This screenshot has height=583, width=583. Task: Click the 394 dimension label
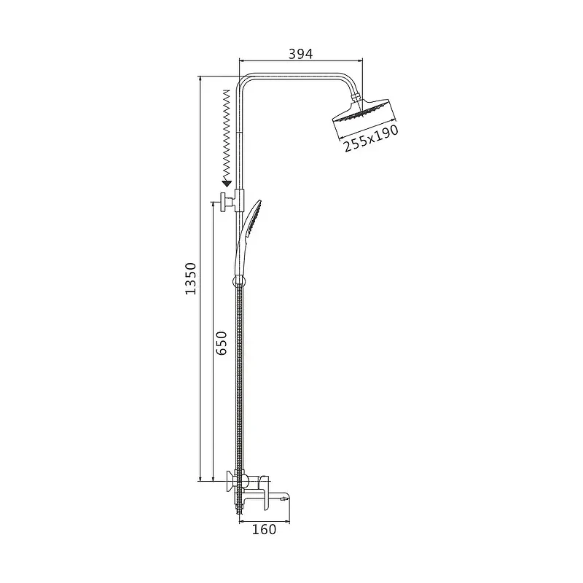click(301, 54)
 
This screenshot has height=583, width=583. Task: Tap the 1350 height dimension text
click(191, 278)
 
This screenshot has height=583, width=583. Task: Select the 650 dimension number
click(222, 343)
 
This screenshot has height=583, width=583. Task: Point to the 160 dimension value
click(264, 529)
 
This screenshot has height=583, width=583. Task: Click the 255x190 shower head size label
click(371, 138)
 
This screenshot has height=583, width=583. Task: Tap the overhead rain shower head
click(364, 112)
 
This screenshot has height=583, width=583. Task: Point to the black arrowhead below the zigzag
click(227, 184)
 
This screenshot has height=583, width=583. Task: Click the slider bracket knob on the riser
click(224, 203)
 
